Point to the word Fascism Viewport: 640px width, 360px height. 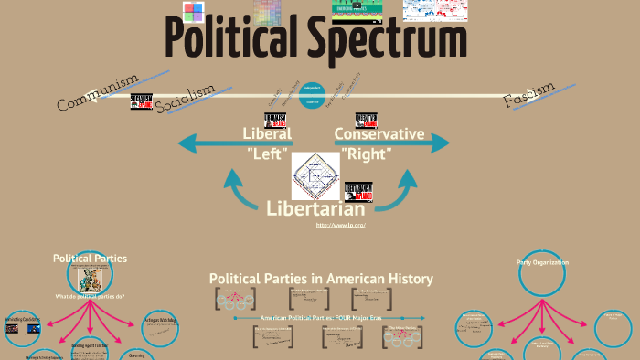[529, 95]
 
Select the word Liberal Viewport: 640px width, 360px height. [267, 133]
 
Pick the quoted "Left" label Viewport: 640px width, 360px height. [268, 154]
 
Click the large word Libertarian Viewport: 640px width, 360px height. [315, 208]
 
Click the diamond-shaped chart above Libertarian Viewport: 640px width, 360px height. [315, 174]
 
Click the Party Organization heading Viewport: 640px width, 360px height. [542, 262]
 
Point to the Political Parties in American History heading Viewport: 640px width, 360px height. [321, 278]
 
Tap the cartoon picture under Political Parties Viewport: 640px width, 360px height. [90, 279]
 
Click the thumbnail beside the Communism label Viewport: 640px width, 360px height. [141, 102]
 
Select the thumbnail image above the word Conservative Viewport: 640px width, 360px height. [367, 119]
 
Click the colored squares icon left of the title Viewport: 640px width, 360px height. [193, 13]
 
